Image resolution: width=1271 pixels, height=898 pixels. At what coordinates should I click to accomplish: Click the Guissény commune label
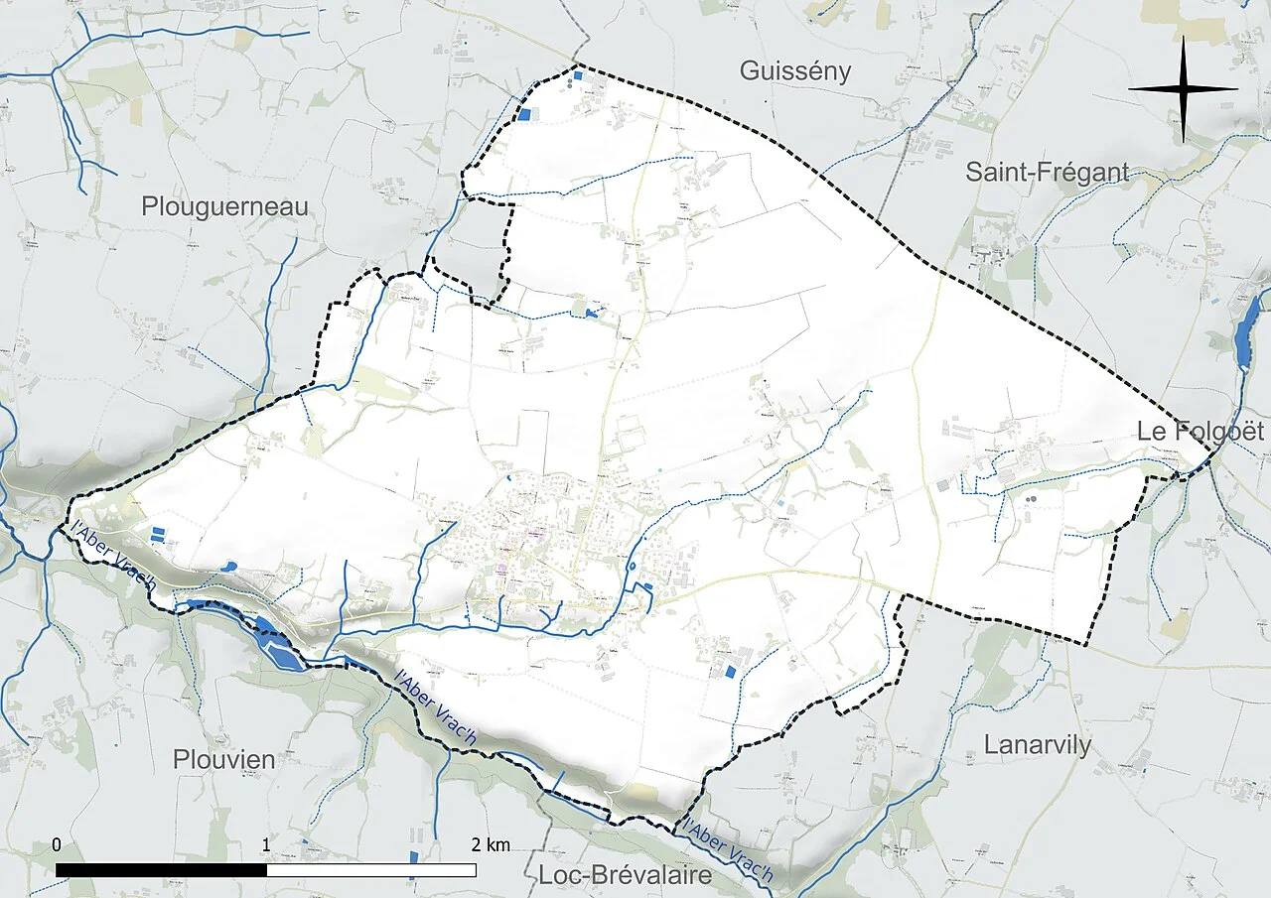click(795, 71)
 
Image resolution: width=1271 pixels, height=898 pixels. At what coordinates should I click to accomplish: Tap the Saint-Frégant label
click(1048, 173)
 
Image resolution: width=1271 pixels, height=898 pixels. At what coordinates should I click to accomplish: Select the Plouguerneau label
click(224, 206)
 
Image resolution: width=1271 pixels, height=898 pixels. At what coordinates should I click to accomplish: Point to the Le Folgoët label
click(1200, 432)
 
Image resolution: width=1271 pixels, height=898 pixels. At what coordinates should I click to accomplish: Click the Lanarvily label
click(1038, 745)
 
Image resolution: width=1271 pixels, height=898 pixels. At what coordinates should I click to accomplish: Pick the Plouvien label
click(223, 760)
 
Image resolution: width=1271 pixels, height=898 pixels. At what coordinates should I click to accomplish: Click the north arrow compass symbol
click(1183, 89)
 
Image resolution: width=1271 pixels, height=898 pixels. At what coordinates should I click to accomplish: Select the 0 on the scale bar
click(57, 845)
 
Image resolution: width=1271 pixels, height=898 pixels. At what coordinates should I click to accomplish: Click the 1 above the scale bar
click(266, 845)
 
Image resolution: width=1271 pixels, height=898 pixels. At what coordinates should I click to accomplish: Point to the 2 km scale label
click(491, 845)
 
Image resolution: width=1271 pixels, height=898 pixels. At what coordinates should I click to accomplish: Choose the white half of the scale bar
click(371, 869)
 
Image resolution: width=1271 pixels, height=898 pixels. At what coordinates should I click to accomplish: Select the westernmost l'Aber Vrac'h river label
click(109, 557)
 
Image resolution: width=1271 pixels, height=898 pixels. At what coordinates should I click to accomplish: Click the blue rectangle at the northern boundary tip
click(577, 74)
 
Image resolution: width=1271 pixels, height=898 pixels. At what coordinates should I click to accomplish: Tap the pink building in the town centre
click(536, 534)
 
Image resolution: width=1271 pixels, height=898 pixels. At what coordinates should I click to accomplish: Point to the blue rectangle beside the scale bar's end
click(413, 864)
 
